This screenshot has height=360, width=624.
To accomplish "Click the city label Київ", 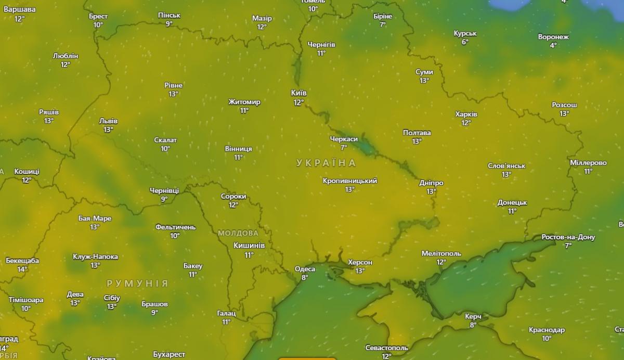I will tap(298, 93).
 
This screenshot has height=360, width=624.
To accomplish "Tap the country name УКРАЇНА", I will tap(327, 163).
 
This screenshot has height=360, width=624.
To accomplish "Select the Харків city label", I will tap(466, 114).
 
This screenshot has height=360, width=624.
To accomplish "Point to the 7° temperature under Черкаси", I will tap(344, 148).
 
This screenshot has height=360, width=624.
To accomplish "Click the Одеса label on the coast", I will tap(305, 269).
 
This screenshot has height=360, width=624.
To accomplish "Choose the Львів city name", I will tap(108, 121).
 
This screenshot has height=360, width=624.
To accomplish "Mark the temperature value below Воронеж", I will tap(553, 46).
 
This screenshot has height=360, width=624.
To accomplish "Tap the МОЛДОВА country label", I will tap(238, 233).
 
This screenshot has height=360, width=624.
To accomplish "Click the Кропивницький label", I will tap(350, 181).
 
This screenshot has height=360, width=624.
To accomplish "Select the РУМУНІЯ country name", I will tap(137, 284).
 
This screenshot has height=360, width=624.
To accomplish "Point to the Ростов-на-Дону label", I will tap(568, 237).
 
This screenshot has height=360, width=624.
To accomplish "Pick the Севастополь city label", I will tap(386, 348).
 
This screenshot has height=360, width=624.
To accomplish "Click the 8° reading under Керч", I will tap(473, 325).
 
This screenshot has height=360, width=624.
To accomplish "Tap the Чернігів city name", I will tap(321, 45).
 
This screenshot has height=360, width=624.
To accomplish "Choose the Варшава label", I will tap(20, 10).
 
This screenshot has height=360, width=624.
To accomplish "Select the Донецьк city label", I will tap(512, 202).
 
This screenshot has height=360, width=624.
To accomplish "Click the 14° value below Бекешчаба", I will tap(22, 269).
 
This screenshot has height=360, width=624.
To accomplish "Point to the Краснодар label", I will tap(547, 330).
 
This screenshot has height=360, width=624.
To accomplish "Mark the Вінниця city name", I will tap(238, 149).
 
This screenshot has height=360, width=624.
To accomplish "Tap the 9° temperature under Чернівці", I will tap(164, 199).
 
